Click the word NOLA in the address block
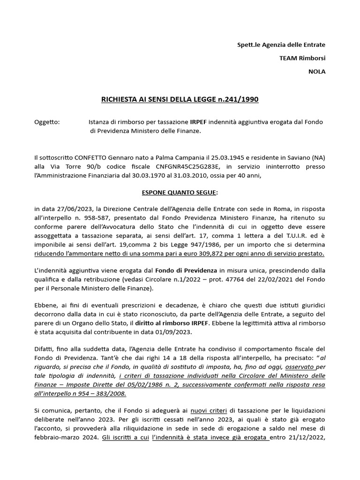pyautogui.click(x=316, y=72)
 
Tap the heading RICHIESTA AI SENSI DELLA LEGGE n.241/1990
pyautogui.click(x=180, y=99)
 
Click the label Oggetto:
pyautogui.click(x=47, y=122)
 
